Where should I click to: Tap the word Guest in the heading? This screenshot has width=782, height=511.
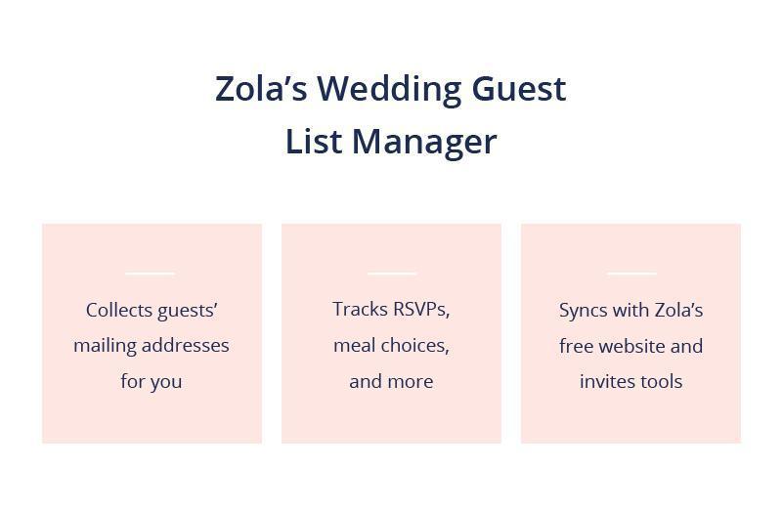(518, 89)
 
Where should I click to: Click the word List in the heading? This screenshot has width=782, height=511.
(314, 142)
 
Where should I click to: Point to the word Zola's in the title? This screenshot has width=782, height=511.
(261, 89)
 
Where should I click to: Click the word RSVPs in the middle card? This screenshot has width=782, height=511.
(420, 310)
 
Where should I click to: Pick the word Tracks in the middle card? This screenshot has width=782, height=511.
(360, 310)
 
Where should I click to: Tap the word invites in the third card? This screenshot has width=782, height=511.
(607, 382)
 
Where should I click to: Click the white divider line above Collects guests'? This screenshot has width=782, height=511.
(151, 274)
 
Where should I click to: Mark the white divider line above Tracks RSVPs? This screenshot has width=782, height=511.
(391, 274)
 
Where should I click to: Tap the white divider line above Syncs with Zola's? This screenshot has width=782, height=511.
(631, 274)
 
